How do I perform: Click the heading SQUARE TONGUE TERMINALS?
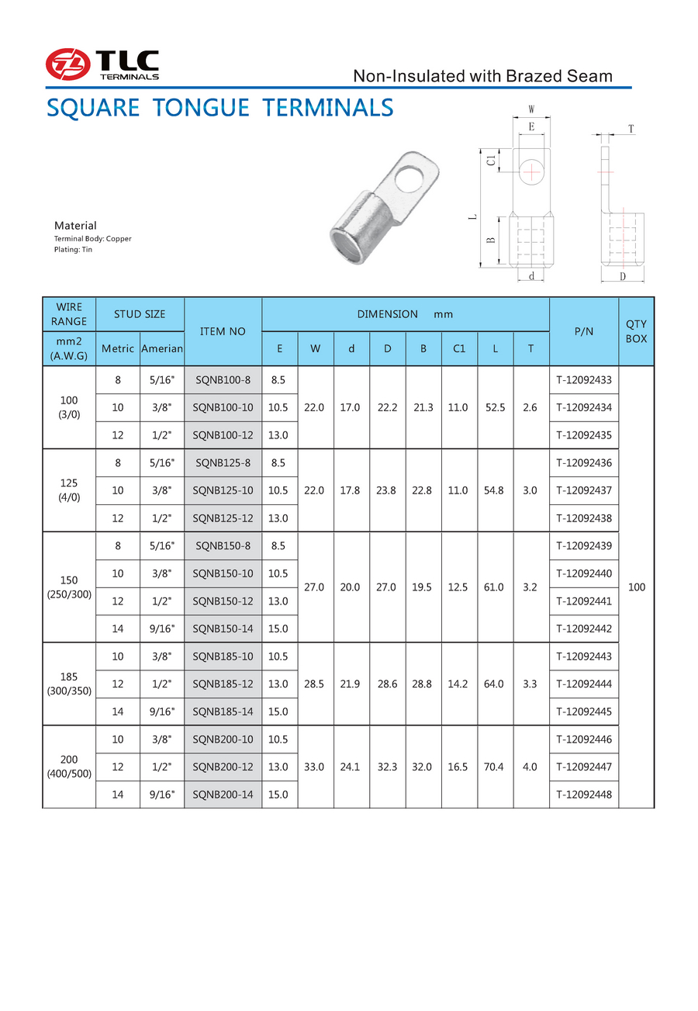coord(220,107)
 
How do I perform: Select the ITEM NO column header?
coord(223,331)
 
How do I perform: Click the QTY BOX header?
coord(637,331)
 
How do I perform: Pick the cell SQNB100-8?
coord(223,380)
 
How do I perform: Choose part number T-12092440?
coord(584,573)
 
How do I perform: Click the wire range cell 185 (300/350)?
coord(69,684)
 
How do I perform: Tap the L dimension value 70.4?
coord(495,767)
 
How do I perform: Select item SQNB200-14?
coord(223,794)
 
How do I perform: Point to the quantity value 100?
coord(637,587)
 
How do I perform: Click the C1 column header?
coord(459,349)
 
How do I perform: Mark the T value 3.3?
coord(530,684)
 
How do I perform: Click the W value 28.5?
coord(315,684)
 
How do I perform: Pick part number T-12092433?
coord(584,380)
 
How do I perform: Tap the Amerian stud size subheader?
coord(162,349)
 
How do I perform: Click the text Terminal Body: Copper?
coord(92,239)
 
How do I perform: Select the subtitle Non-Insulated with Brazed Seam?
coord(482,76)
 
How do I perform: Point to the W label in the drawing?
coord(531,109)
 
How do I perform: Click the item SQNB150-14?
coord(223,628)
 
